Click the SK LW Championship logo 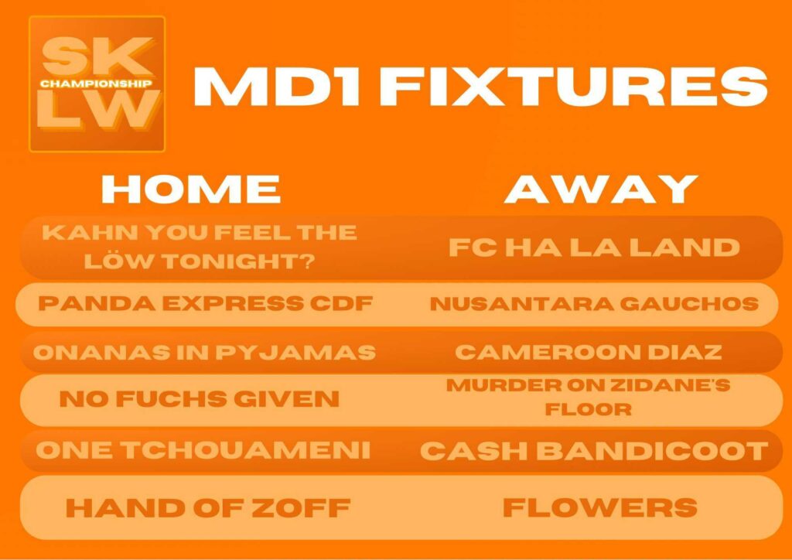(97, 84)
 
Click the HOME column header (191, 189)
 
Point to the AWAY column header (601, 189)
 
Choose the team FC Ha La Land (595, 248)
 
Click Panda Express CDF (205, 303)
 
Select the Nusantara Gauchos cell (595, 303)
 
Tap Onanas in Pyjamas (204, 353)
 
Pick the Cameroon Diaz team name (589, 352)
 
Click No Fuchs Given (200, 399)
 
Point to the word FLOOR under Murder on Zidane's (589, 409)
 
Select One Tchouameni (203, 450)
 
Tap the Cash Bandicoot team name (594, 451)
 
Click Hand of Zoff (208, 507)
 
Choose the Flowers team (600, 507)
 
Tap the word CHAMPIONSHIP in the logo (96, 84)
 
